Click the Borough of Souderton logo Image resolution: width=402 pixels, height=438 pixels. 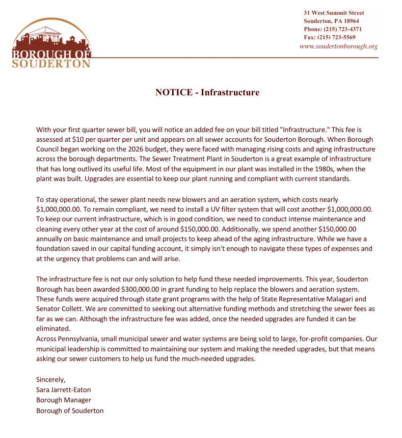(x=51, y=43)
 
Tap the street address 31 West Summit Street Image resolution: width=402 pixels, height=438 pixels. (x=334, y=13)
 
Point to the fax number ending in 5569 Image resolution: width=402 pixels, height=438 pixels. (x=330, y=37)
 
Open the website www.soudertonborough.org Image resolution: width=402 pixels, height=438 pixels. (x=338, y=46)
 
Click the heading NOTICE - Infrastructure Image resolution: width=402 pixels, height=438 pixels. (x=207, y=92)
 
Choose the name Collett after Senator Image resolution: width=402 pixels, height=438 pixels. (x=72, y=309)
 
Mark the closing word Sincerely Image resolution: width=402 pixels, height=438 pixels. (x=51, y=379)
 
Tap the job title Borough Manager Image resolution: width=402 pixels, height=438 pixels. (x=64, y=400)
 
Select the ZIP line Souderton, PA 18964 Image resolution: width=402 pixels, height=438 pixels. (x=331, y=21)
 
